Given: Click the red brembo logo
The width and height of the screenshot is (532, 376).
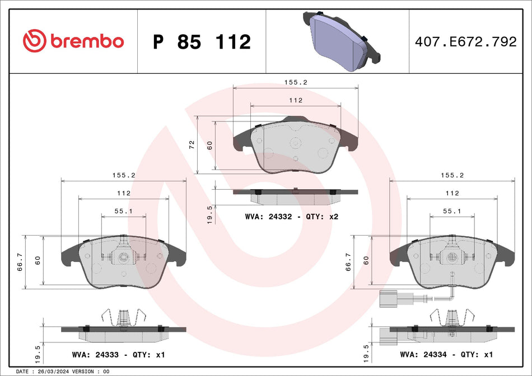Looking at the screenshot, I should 73,41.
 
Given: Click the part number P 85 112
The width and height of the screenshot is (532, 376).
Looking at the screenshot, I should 202,42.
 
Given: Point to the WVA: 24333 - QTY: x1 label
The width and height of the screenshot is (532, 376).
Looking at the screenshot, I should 119,355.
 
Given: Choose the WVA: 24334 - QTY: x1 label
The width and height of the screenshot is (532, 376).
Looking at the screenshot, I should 446,355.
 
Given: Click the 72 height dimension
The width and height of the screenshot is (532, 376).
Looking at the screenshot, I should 192,144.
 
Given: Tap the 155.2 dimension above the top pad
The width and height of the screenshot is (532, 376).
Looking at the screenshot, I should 296,82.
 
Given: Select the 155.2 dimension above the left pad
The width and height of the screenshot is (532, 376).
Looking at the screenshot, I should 123,175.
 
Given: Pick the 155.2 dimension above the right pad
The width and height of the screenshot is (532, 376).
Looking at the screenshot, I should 451,175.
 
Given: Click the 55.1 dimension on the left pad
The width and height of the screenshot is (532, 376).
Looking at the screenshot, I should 123,211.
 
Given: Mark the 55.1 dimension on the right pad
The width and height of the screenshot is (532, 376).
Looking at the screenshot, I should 451,211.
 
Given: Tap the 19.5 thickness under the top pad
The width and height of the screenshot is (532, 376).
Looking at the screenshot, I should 210,214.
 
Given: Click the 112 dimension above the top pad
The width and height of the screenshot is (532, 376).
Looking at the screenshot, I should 296,100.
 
